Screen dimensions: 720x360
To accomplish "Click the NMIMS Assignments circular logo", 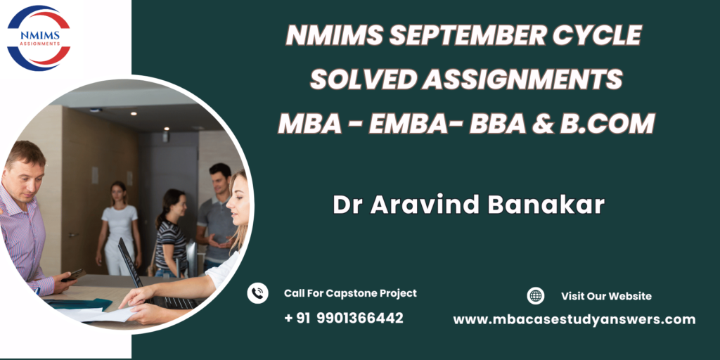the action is (39, 38).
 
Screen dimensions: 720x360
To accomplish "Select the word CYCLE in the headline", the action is (596, 35).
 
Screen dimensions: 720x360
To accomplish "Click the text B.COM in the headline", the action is (607, 123).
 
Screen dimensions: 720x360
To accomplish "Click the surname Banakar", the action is (546, 205).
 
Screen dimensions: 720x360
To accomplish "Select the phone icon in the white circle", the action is (257, 293).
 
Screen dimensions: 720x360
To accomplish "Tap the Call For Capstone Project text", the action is (350, 293).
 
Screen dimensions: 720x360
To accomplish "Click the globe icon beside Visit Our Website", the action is (535, 296).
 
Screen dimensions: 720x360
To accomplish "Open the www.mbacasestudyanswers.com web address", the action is (574, 320).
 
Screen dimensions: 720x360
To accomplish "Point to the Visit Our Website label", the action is (606, 296).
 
